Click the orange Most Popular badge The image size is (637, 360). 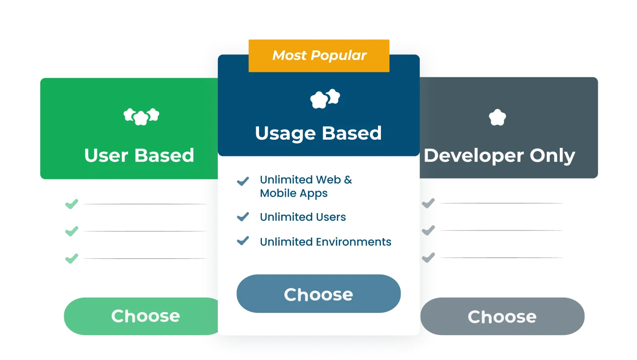click(319, 56)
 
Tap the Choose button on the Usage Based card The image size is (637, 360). click(318, 294)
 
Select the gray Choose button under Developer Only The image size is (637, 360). click(502, 316)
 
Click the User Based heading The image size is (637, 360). click(139, 156)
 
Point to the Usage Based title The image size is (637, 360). click(318, 133)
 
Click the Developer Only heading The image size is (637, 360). click(500, 156)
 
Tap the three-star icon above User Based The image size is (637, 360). click(141, 116)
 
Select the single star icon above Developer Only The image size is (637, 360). click(497, 117)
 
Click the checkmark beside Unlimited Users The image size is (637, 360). click(243, 216)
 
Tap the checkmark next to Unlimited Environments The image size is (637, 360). click(243, 240)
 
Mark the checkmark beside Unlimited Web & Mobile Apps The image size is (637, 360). click(243, 181)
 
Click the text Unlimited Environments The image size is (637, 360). click(325, 242)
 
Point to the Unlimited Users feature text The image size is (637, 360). click(303, 217)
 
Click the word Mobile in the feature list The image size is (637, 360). click(275, 193)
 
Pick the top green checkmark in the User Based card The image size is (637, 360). click(71, 204)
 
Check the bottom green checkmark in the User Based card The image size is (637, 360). click(71, 259)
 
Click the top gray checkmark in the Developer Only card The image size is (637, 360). click(428, 204)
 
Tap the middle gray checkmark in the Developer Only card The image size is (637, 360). click(428, 230)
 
